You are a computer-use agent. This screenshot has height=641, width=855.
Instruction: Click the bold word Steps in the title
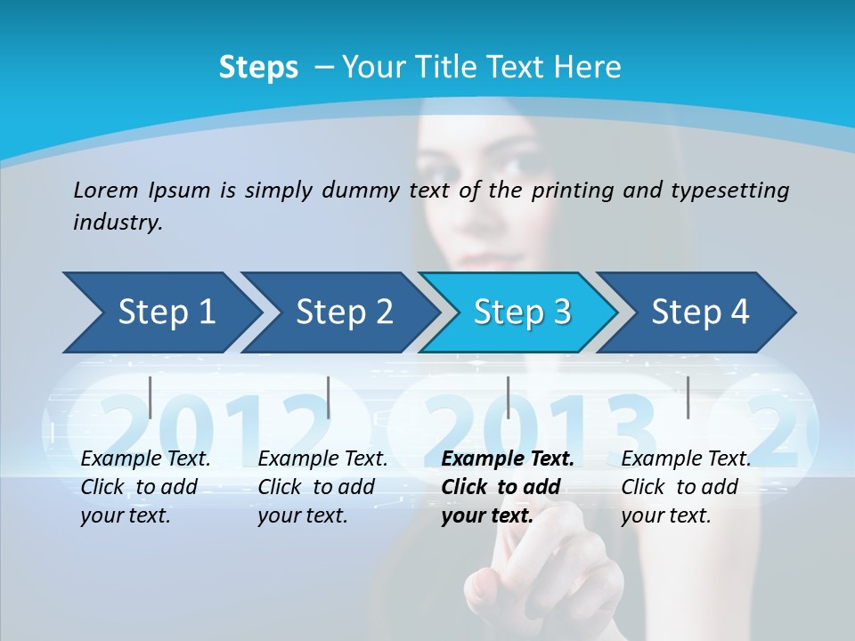[x=258, y=68]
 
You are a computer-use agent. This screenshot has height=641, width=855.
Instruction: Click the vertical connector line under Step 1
[x=151, y=397]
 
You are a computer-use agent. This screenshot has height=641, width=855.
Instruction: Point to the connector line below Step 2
[x=329, y=397]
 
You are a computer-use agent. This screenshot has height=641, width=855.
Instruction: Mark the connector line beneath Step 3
[x=508, y=397]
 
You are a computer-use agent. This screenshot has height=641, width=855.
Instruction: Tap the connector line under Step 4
[x=688, y=397]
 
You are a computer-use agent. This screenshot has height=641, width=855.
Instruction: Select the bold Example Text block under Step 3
[x=508, y=487]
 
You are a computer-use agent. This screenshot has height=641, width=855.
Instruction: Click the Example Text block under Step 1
[x=145, y=487]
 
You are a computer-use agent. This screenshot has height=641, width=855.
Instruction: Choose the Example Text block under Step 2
[x=322, y=487]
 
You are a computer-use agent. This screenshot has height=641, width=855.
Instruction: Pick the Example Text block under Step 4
[x=686, y=487]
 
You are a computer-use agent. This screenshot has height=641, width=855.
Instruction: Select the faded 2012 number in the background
[x=214, y=423]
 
